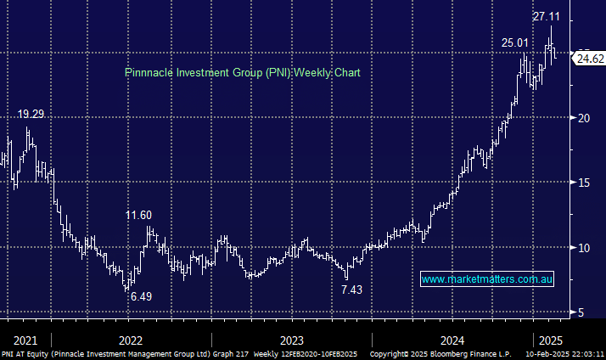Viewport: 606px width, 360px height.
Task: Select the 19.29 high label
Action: click(31, 114)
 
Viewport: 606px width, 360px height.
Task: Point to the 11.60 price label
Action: click(139, 216)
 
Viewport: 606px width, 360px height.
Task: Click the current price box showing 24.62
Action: click(588, 59)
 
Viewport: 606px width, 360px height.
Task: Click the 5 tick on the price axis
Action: click(581, 312)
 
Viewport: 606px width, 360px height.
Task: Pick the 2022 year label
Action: click(131, 339)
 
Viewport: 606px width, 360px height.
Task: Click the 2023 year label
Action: click(291, 339)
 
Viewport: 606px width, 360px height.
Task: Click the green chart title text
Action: click(242, 73)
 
